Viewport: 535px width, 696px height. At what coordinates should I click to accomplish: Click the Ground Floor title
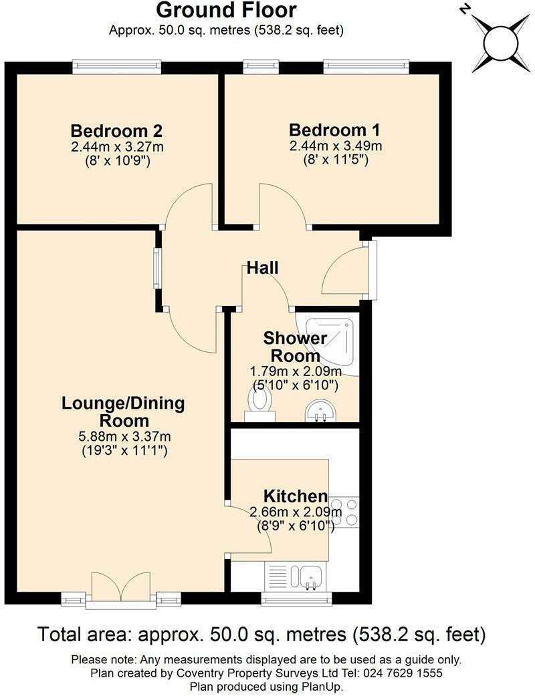click(x=226, y=11)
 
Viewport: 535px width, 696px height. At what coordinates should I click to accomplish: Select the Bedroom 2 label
click(x=117, y=130)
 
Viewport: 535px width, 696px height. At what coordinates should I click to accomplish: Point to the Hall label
click(x=262, y=269)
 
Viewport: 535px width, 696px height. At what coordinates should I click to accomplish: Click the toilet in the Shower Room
click(x=259, y=403)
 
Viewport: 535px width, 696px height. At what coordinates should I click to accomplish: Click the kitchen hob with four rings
click(x=344, y=512)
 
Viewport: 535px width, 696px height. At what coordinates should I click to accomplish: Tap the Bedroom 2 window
click(x=117, y=66)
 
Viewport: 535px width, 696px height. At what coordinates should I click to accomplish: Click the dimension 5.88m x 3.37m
click(x=124, y=437)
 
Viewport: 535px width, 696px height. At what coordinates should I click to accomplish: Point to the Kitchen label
click(x=295, y=496)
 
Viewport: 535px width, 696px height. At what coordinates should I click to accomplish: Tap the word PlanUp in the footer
click(x=325, y=687)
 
